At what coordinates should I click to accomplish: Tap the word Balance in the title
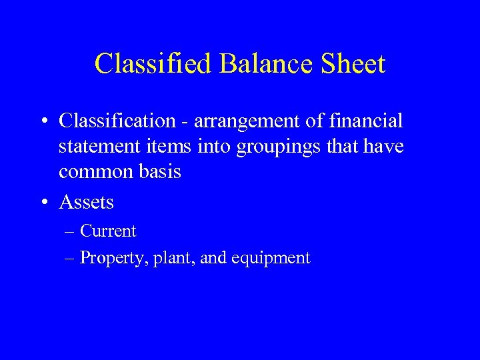[x=258, y=64]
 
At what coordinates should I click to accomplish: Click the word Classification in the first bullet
[x=116, y=121]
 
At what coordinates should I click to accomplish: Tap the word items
[x=159, y=147]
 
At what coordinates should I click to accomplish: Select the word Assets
[x=86, y=201]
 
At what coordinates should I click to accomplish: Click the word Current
[x=107, y=231]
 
